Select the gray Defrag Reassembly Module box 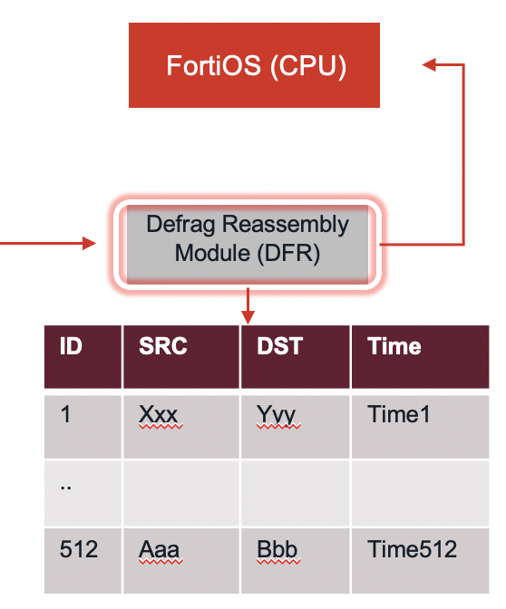[x=248, y=241]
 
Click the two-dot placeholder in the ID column [x=65, y=484]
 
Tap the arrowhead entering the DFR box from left [x=89, y=243]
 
